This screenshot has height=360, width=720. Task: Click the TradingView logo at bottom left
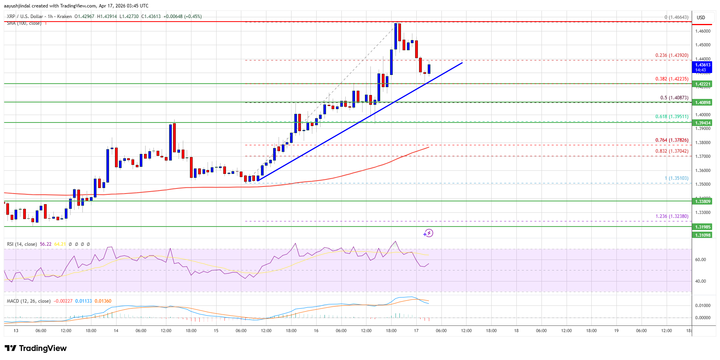click(x=36, y=348)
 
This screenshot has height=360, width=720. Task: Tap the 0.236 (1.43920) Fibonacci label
click(x=672, y=55)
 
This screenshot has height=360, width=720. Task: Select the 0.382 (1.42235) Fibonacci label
click(x=672, y=79)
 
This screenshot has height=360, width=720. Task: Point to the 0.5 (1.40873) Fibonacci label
click(x=674, y=98)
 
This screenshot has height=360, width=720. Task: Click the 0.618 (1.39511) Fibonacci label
click(x=672, y=117)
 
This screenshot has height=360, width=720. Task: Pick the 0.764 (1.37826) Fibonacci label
click(x=672, y=140)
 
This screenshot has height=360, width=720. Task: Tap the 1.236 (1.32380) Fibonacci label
click(x=672, y=216)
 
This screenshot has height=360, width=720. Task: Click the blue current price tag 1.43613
click(x=703, y=67)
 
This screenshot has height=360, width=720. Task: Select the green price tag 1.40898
click(x=703, y=102)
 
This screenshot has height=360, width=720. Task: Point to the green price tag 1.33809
click(x=703, y=201)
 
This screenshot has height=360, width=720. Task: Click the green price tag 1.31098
click(x=703, y=235)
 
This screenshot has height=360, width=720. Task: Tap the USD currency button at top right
click(x=701, y=18)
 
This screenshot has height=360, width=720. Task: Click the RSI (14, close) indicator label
click(x=22, y=244)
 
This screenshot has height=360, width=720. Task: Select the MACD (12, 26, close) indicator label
click(x=29, y=301)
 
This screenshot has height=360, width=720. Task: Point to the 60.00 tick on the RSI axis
click(x=700, y=259)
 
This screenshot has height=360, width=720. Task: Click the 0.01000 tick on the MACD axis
click(x=702, y=305)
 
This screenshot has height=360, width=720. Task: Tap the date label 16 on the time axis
click(x=316, y=331)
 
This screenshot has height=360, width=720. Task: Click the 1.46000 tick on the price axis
click(x=702, y=31)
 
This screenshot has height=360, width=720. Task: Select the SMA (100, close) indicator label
click(x=24, y=23)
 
